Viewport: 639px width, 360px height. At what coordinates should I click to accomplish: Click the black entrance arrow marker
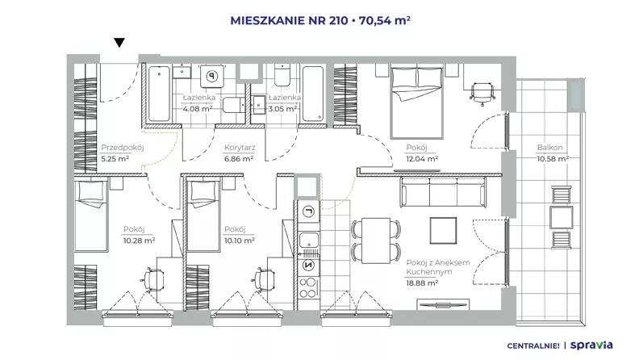[119, 43]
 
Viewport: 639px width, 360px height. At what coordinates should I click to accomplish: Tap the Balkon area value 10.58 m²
[553, 159]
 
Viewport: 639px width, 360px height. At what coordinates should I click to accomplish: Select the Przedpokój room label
[123, 148]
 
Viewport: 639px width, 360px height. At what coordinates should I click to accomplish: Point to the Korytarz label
[240, 148]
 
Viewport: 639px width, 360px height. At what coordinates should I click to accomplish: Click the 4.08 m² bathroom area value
[197, 109]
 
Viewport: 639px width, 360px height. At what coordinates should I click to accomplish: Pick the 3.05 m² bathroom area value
[282, 109]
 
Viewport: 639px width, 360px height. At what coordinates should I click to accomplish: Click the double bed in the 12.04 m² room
[416, 102]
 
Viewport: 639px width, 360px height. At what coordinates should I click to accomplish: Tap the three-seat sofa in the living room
[443, 192]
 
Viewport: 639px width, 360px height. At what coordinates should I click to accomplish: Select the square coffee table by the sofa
[443, 230]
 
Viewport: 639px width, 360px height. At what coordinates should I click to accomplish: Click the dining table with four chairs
[376, 241]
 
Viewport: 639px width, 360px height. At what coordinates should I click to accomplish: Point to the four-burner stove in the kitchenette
[308, 287]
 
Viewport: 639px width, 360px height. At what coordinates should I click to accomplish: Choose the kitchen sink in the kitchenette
[308, 244]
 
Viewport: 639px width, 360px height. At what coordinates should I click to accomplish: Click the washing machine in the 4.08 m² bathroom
[212, 75]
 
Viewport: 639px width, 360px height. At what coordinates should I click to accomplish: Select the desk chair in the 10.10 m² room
[265, 280]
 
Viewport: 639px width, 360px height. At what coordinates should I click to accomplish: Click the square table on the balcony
[562, 217]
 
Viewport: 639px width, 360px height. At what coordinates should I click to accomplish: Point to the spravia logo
[591, 345]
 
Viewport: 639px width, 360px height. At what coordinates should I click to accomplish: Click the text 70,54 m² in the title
[384, 20]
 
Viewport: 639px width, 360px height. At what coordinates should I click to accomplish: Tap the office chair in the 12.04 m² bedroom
[482, 93]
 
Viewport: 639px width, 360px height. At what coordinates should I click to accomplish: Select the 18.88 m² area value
[422, 283]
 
